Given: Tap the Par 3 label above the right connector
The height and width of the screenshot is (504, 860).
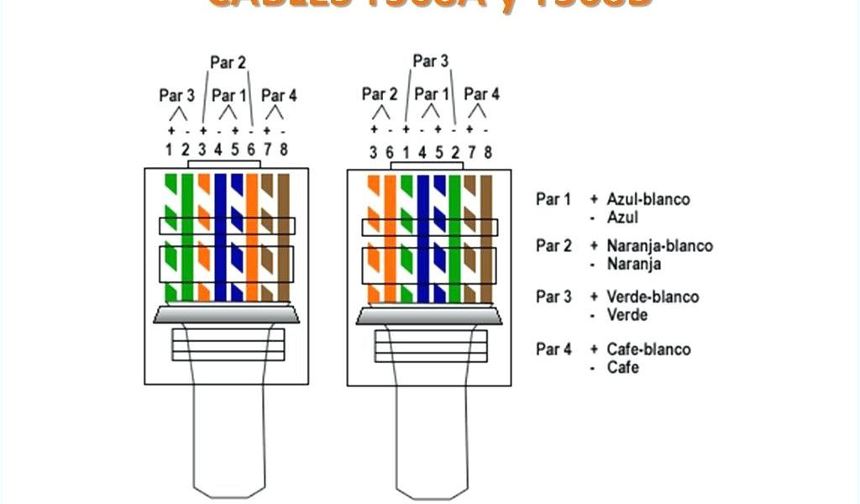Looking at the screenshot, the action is (430, 60).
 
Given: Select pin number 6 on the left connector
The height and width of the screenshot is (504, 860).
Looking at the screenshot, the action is (250, 150).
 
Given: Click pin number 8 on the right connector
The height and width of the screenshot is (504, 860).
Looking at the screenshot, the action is (487, 152).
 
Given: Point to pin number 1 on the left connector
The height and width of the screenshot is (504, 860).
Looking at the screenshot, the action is (169, 150).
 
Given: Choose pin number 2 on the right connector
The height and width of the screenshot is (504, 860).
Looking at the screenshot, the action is (454, 152).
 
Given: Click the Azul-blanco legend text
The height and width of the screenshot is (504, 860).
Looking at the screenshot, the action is (648, 199).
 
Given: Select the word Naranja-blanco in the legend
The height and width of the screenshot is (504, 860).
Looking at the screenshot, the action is (659, 246).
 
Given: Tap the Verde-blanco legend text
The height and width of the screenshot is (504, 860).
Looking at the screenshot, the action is (653, 297).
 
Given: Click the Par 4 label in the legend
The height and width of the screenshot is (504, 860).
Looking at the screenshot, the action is (553, 349).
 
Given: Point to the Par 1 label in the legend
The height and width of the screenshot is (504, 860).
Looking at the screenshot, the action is (553, 199).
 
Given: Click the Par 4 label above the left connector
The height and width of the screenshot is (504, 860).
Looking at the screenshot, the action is (279, 96).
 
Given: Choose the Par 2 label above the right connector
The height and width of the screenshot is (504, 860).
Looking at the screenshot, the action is (380, 94).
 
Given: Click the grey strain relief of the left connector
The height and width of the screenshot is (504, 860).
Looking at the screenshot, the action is (225, 315).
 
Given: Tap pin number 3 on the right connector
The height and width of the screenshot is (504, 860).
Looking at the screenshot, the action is (373, 152).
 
